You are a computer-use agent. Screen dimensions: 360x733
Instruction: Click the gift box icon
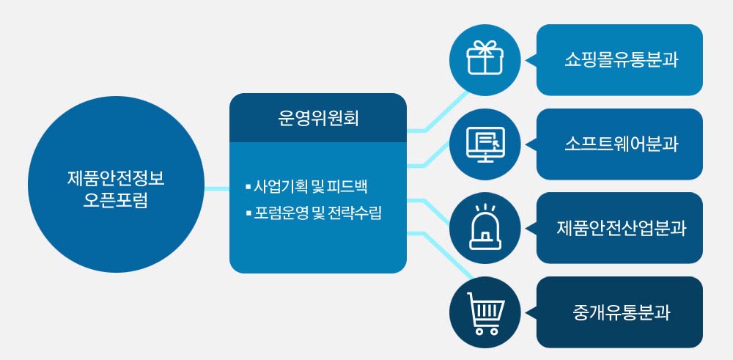pos(485,59)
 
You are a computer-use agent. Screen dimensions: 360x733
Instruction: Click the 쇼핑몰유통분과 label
pos(620,60)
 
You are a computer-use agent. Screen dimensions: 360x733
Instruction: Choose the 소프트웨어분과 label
pos(620,144)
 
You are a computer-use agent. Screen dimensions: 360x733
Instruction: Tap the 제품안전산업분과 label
pos(620,228)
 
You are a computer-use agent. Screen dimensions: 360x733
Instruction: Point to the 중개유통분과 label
pos(620,312)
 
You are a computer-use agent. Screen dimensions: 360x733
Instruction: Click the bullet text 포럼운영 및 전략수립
pos(317,215)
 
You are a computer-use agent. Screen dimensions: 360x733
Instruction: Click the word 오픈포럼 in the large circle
pos(116,200)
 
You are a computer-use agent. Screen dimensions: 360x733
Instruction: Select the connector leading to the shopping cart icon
pos(440,253)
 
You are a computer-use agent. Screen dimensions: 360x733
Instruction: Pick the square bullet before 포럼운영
pos(248,215)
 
